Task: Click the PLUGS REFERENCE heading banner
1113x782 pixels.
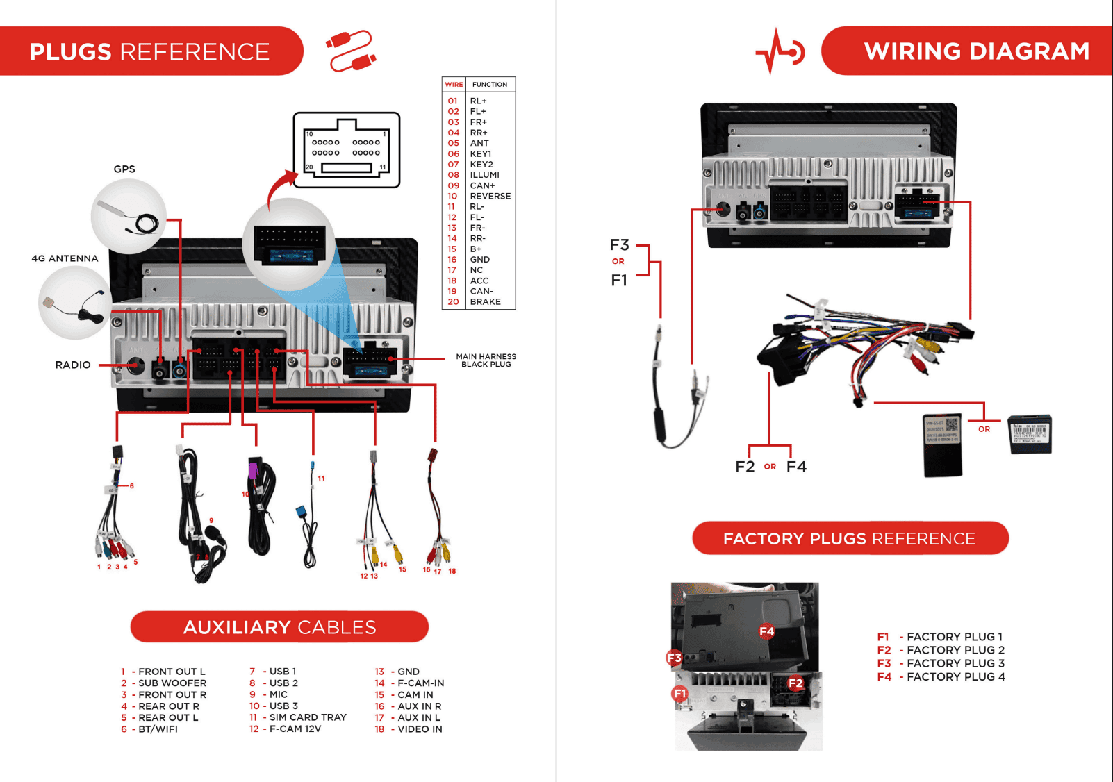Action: [149, 51]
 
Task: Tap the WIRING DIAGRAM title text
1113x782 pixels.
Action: [976, 51]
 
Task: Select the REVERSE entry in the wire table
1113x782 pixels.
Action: [490, 196]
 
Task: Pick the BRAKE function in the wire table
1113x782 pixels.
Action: [485, 301]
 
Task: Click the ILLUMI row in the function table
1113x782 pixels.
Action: [484, 175]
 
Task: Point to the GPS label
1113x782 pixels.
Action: [124, 169]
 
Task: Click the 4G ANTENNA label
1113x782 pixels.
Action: [65, 258]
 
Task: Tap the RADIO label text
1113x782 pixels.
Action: [73, 365]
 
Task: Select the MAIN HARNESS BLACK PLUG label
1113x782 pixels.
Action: [486, 360]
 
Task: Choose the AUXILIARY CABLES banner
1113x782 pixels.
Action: [279, 627]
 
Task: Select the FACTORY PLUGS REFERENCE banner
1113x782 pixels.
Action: [849, 538]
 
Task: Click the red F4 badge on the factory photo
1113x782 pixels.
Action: [766, 631]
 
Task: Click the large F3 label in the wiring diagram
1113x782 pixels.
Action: [619, 245]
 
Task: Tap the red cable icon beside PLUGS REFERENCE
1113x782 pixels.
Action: [351, 51]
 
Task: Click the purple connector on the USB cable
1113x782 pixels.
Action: [254, 469]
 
